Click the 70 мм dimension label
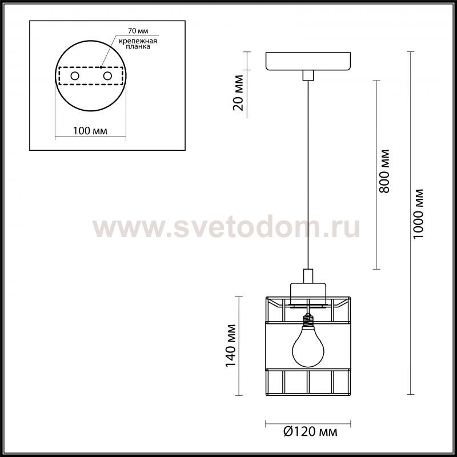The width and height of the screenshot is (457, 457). [x=138, y=31]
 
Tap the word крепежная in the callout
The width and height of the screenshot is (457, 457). [x=138, y=41]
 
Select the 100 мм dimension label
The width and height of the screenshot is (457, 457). [x=90, y=131]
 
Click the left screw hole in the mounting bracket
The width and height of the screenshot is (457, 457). [x=75, y=76]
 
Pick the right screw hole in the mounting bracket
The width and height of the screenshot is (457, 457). [x=107, y=76]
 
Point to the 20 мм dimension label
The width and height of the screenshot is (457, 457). [x=238, y=93]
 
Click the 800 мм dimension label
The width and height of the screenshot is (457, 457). [x=384, y=171]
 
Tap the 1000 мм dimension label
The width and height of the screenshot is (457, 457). [x=418, y=214]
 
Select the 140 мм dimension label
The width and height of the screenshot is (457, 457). [x=231, y=346]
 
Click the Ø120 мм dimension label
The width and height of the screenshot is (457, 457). [x=310, y=432]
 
